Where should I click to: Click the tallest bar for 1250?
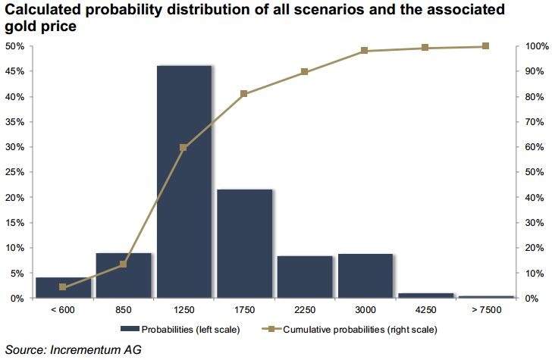[183, 182]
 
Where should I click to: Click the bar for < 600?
[63, 288]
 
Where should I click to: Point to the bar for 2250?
[304, 277]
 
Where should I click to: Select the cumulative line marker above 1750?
[244, 94]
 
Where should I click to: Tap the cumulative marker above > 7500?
[485, 46]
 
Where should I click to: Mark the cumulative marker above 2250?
[304, 72]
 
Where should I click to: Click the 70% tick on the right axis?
[532, 122]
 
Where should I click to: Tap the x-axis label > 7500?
[485, 309]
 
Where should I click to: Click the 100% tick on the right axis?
[533, 46]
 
